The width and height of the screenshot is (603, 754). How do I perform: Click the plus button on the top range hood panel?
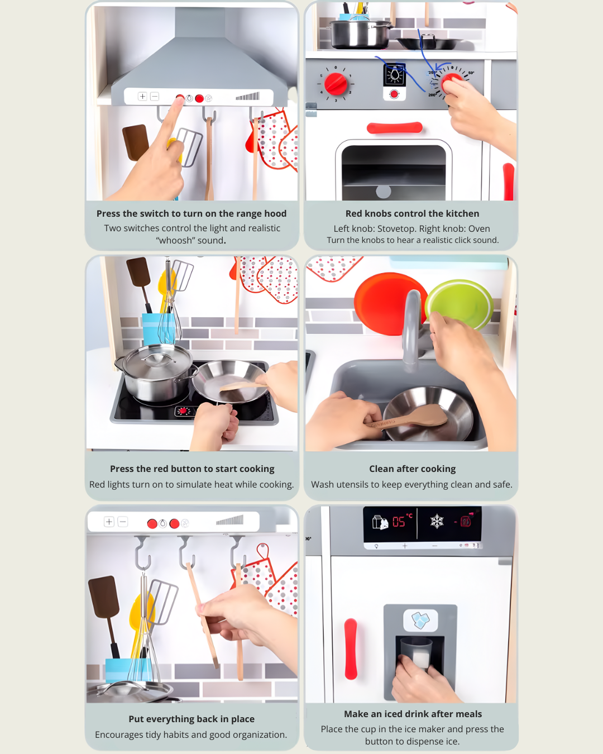(x=142, y=97)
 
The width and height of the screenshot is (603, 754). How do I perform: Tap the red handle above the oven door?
(x=395, y=128)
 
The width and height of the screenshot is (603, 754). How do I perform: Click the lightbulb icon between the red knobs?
(x=395, y=75)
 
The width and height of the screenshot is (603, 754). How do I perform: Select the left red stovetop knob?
(x=336, y=84)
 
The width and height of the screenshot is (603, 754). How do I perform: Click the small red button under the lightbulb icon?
(x=394, y=94)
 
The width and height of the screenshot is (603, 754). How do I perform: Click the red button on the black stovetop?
(x=183, y=411)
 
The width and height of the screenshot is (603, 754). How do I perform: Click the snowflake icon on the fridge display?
(x=437, y=521)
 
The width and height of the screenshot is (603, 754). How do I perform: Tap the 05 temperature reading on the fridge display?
(x=399, y=522)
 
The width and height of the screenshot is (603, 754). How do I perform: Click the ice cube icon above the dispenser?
(x=420, y=620)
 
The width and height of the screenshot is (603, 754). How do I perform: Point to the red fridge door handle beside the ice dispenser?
(x=351, y=648)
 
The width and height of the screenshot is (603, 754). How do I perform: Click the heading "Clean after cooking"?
(x=413, y=469)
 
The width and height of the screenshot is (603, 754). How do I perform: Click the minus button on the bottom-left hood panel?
(x=122, y=522)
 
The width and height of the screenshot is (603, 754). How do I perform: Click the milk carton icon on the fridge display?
(x=380, y=522)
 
